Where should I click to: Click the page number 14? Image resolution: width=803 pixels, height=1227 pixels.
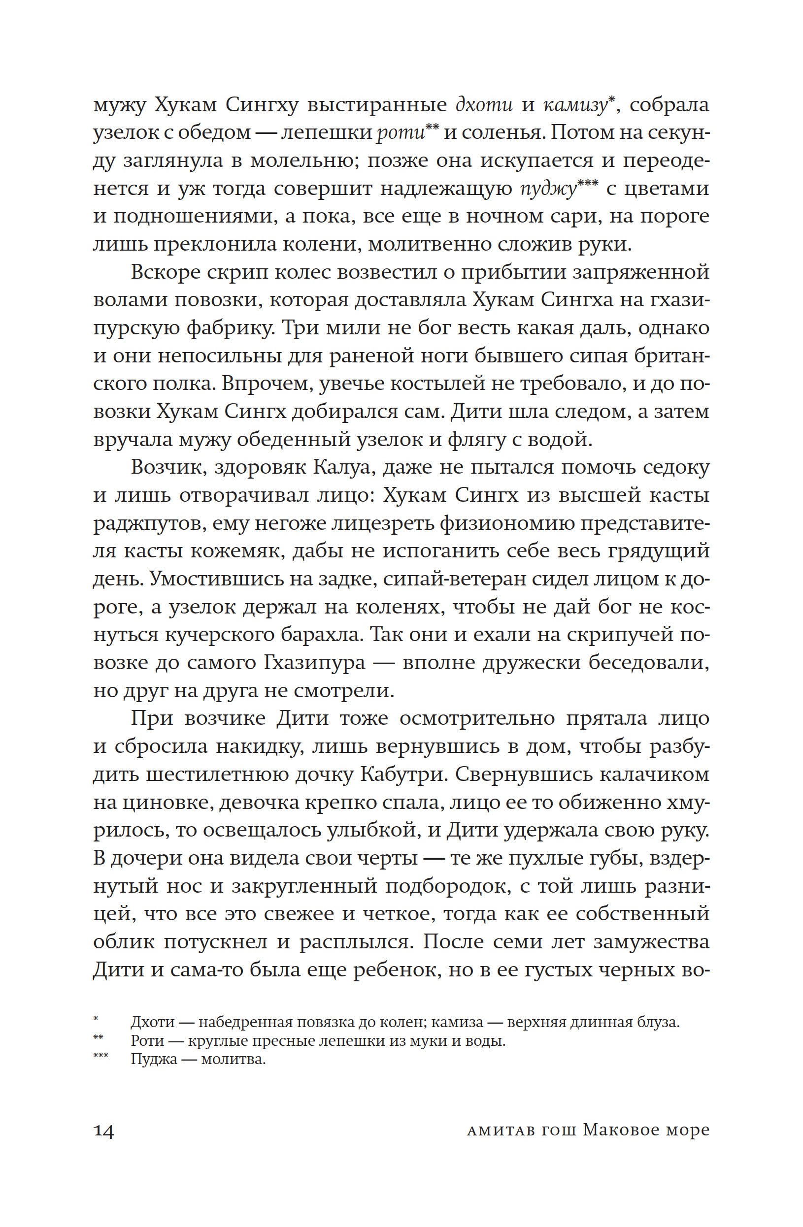pos(103,1130)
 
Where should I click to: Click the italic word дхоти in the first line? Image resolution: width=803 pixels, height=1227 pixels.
pos(484,105)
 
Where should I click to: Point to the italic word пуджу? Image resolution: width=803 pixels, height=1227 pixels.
pos(548,189)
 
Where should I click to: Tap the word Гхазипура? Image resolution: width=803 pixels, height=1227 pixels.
pos(315,662)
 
